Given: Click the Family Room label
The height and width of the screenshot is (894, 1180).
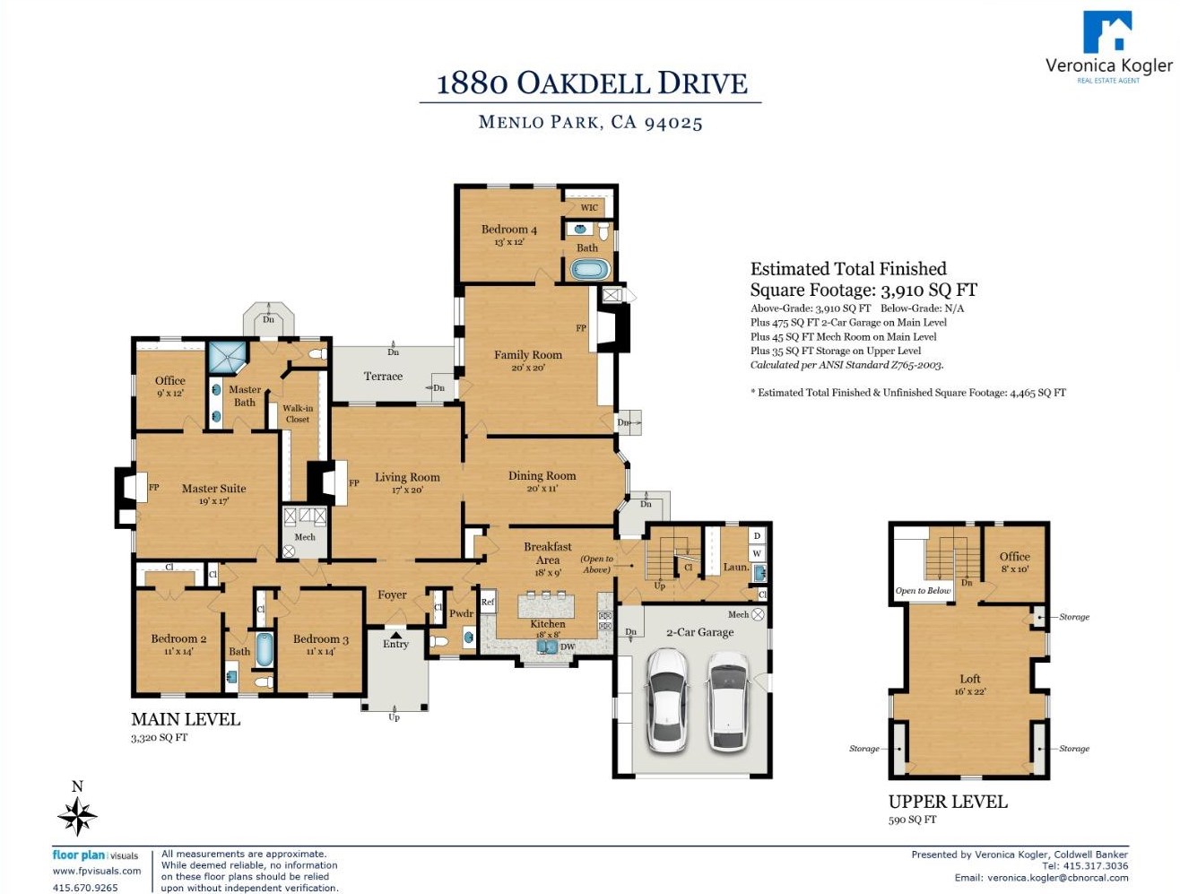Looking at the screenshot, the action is click(528, 355).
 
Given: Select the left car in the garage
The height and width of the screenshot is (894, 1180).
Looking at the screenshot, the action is click(666, 699).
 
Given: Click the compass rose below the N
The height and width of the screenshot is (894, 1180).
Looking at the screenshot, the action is click(77, 816).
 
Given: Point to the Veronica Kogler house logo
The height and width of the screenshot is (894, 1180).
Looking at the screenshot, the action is click(1107, 31).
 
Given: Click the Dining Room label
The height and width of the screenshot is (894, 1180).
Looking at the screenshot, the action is click(542, 476).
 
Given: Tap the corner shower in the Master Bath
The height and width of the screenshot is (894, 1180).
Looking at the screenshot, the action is click(228, 357).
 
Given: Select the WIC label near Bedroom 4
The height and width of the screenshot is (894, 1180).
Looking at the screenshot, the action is click(589, 207).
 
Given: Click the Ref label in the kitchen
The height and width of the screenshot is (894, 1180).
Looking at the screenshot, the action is click(488, 602).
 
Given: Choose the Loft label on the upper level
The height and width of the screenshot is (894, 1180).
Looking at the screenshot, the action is click(970, 679).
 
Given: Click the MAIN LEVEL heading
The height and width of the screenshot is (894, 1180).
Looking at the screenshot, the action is click(186, 719).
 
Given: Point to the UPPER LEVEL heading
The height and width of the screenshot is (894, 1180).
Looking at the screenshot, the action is click(948, 802).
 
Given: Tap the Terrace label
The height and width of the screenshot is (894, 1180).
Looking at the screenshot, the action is click(383, 377).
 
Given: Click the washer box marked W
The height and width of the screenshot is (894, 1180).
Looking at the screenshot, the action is click(757, 552).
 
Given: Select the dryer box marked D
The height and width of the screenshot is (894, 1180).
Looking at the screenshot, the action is click(757, 536).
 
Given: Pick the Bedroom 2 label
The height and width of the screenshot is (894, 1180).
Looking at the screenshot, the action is click(178, 638).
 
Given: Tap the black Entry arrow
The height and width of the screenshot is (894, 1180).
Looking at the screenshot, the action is click(395, 635).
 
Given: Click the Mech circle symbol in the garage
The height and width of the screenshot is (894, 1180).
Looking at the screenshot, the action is click(758, 614).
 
